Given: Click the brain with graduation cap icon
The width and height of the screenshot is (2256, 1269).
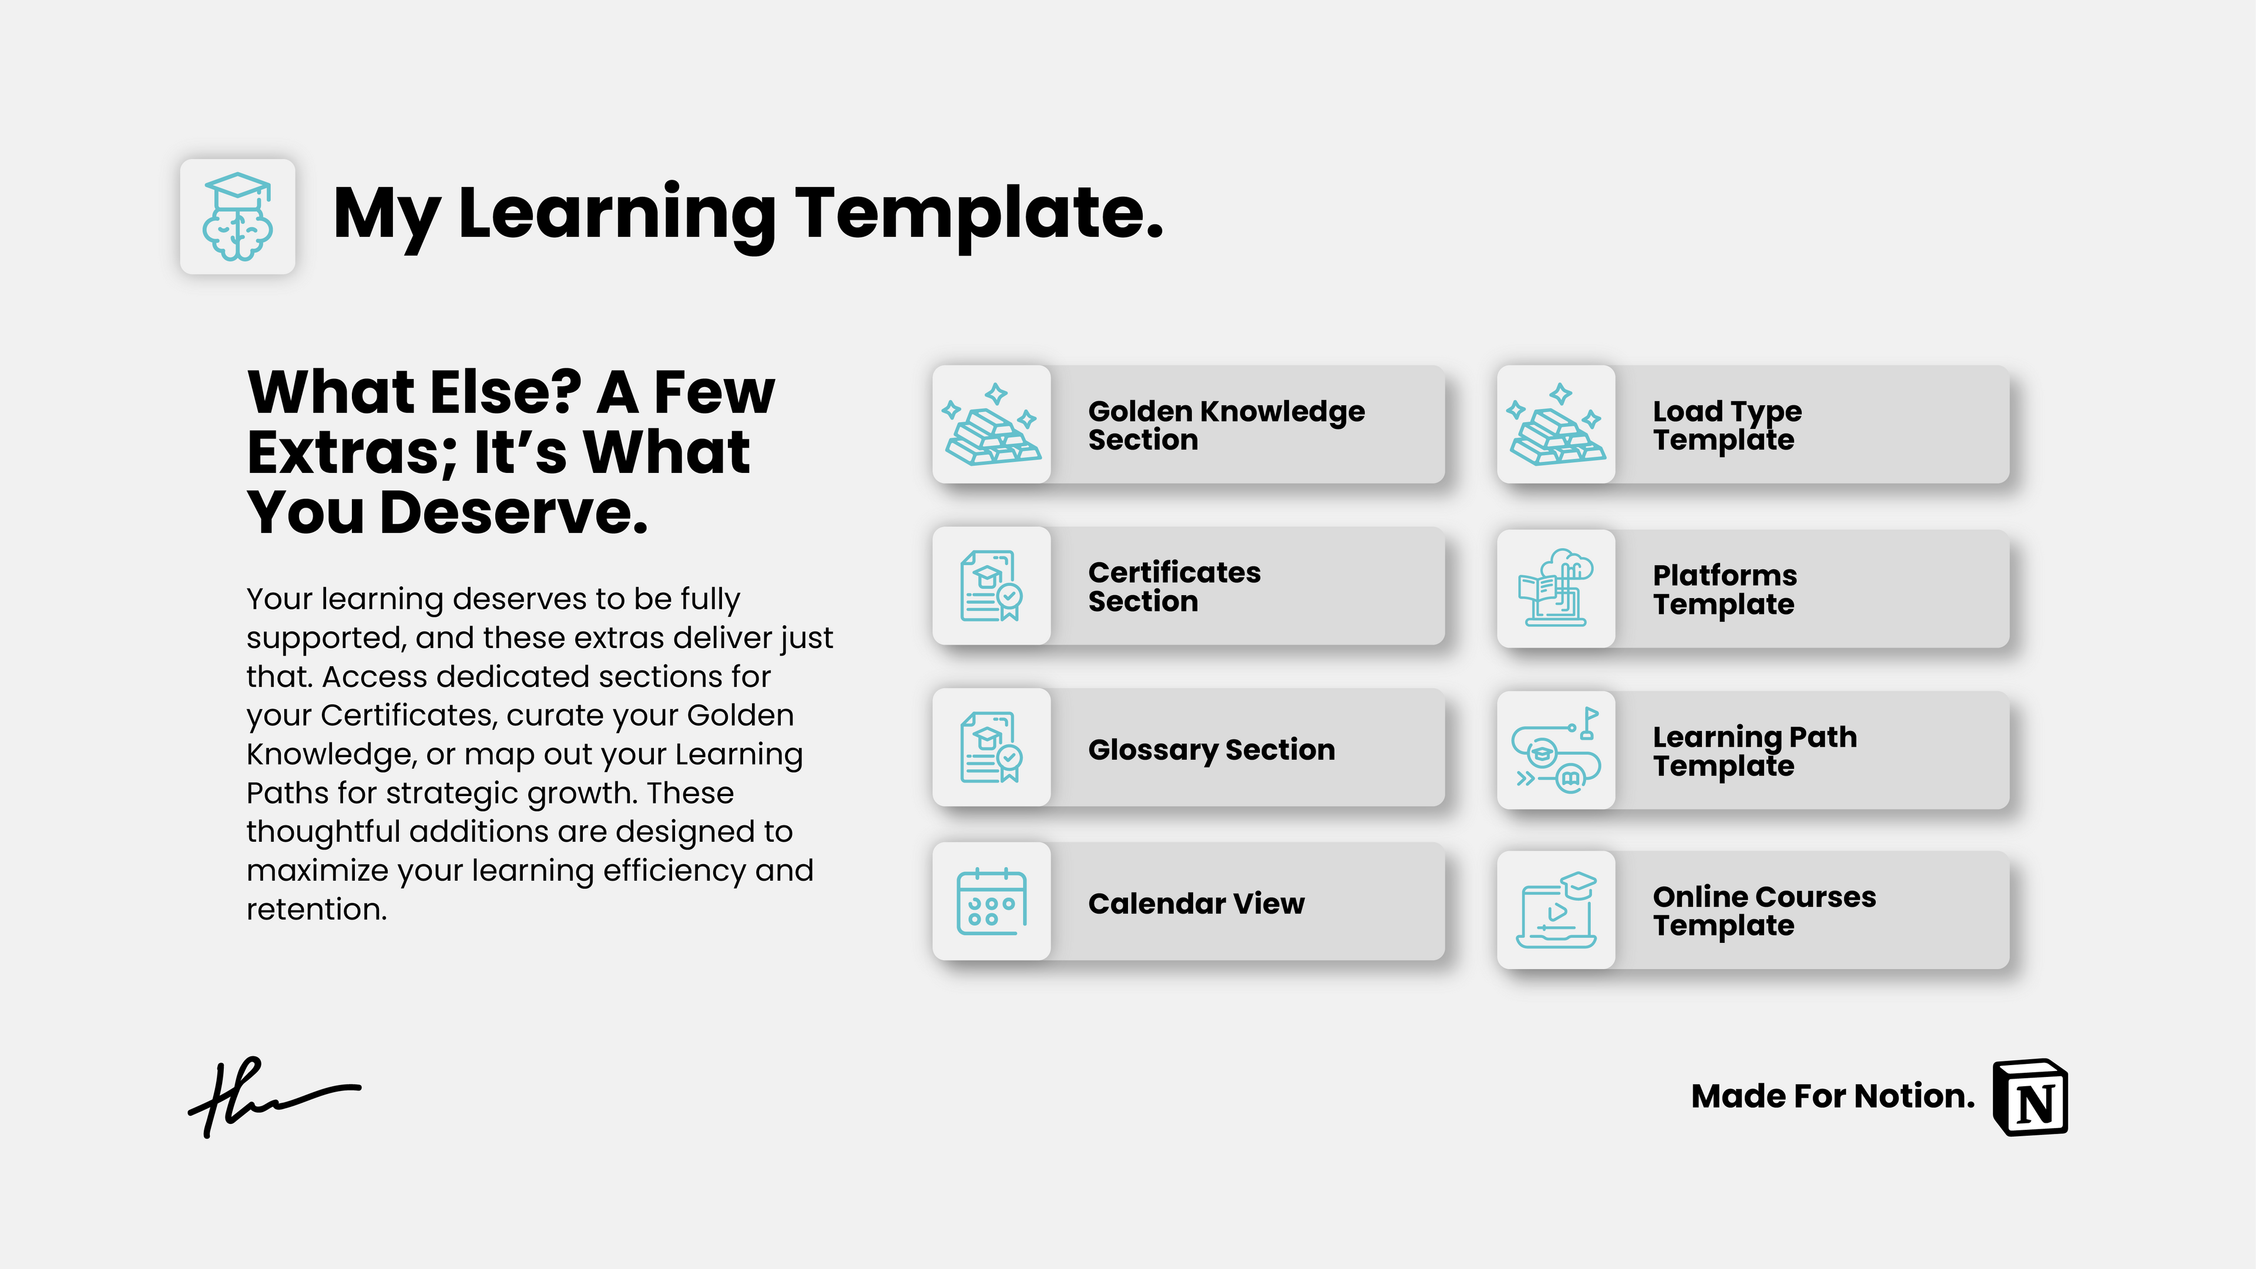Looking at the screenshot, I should (x=237, y=216).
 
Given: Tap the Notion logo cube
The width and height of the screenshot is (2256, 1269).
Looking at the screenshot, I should (x=2030, y=1097).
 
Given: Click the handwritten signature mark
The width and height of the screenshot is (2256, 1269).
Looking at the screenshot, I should (x=271, y=1095).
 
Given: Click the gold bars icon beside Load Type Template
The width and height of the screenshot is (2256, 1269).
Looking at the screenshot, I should (x=1556, y=425).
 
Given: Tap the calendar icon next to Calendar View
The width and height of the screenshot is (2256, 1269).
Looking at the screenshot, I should (x=991, y=901).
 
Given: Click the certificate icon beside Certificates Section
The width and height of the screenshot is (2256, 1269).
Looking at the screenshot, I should (x=991, y=586).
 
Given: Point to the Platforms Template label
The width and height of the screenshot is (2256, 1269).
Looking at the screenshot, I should (x=1724, y=589).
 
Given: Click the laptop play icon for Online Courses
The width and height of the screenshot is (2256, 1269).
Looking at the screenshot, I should (x=1556, y=910).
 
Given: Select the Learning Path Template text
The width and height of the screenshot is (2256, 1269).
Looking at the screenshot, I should (x=1754, y=751).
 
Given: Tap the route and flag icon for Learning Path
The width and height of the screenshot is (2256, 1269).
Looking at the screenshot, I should (x=1556, y=750).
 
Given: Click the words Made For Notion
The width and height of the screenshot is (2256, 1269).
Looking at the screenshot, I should (x=1832, y=1096).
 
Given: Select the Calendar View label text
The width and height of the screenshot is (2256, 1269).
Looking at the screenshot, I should (x=1196, y=903).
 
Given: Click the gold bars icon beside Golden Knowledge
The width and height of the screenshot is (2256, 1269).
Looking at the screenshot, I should (x=991, y=425).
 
